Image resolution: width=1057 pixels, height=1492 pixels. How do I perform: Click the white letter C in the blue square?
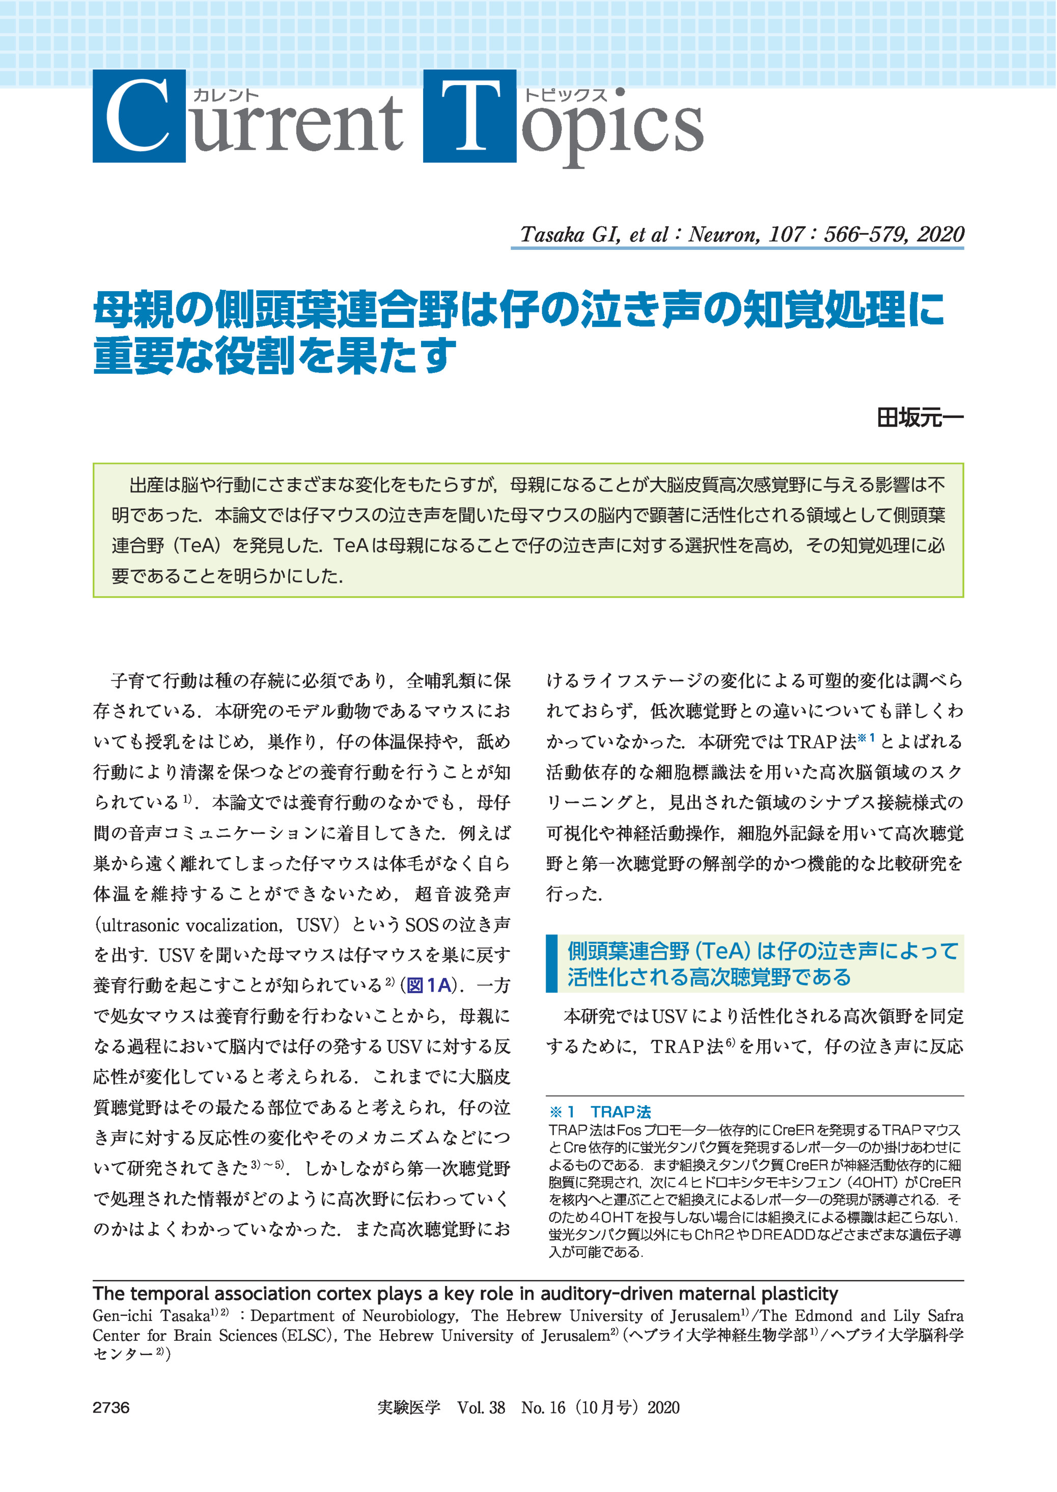click(138, 116)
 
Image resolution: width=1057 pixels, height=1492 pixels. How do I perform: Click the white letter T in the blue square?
click(470, 116)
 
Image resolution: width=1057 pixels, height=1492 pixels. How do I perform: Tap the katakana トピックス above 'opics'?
click(565, 95)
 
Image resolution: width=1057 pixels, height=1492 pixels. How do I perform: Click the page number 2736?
click(112, 1407)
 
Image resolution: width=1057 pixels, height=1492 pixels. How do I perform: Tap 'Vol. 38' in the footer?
click(481, 1407)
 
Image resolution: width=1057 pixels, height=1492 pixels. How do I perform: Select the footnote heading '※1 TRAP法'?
click(599, 1113)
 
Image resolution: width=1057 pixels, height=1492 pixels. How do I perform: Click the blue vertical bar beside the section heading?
click(552, 964)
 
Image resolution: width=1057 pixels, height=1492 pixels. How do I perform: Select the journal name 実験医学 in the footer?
click(409, 1407)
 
